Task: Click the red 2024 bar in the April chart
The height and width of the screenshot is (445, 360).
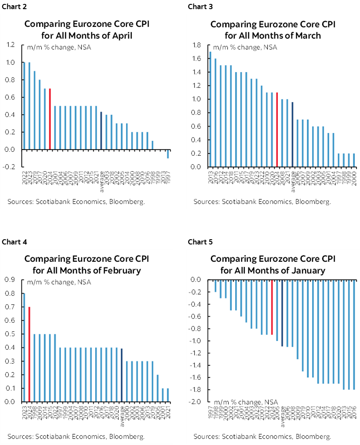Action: [x=50, y=119]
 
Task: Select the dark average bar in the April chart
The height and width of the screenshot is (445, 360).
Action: [x=101, y=130]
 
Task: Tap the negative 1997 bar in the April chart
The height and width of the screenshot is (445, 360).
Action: [x=168, y=154]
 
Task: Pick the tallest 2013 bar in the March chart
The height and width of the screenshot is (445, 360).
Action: [x=210, y=109]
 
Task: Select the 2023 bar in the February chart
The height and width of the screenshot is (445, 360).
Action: [x=24, y=347]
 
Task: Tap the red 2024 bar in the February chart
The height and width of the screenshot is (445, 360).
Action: [x=29, y=354]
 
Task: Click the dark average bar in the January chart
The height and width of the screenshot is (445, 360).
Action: [x=283, y=313]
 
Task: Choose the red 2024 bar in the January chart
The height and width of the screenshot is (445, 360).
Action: [x=272, y=307]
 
